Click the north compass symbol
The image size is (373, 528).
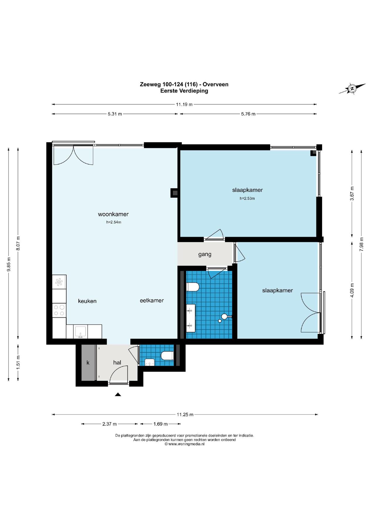click(352, 89)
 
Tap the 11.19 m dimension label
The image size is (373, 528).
click(184, 104)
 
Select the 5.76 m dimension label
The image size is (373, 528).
click(248, 114)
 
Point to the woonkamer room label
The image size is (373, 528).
click(113, 214)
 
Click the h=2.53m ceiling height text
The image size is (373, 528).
click(247, 198)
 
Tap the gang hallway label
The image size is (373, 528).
click(205, 254)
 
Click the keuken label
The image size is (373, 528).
click(87, 301)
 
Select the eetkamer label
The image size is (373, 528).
click(152, 300)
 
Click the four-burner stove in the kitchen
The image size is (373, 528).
click(59, 310)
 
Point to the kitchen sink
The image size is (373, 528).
click(80, 332)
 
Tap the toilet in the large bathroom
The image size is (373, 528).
click(193, 287)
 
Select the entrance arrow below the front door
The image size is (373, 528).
click(118, 395)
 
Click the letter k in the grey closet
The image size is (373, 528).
click(88, 363)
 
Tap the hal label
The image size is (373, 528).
click(117, 363)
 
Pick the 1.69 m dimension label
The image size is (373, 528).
click(161, 424)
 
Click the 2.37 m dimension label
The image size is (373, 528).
click(110, 424)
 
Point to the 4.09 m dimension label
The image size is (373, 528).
click(352, 290)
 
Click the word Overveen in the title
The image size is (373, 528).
click(216, 84)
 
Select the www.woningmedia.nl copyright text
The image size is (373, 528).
click(184, 444)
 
